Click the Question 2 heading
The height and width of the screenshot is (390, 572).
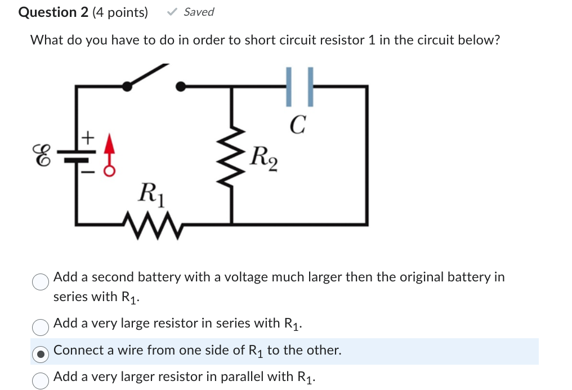point(53,12)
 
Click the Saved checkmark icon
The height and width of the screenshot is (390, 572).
point(173,12)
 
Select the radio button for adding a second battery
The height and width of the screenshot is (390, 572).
point(40,281)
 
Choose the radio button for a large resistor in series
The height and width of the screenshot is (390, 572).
point(40,326)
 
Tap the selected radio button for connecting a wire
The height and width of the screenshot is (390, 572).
point(40,353)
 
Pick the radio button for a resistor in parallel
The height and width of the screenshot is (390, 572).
point(40,380)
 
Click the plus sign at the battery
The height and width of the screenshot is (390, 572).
point(87,136)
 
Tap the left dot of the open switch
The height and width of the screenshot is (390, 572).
point(128,86)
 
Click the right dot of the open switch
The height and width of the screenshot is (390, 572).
point(181,86)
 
